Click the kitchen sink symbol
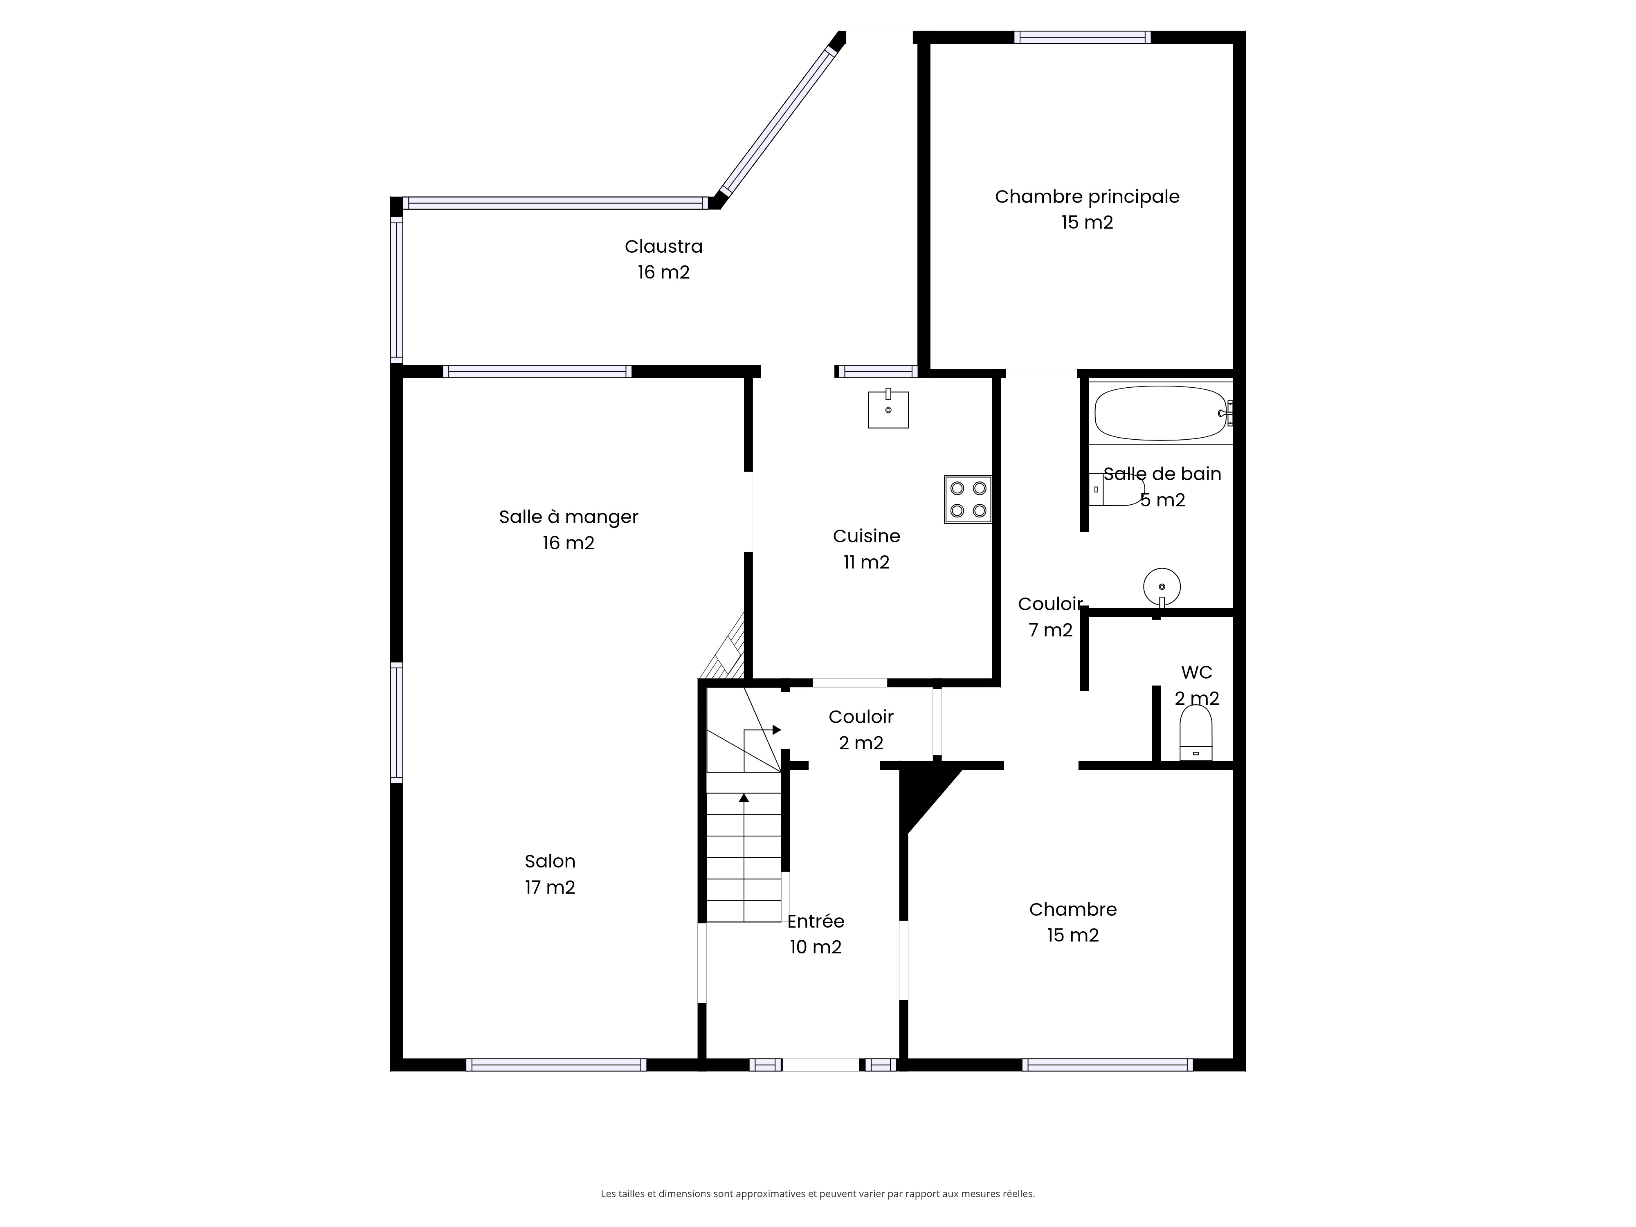[x=888, y=408]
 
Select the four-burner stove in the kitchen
[x=967, y=500]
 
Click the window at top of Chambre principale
[x=1082, y=37]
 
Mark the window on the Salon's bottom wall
[x=556, y=1065]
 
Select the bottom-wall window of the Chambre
[x=1107, y=1065]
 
